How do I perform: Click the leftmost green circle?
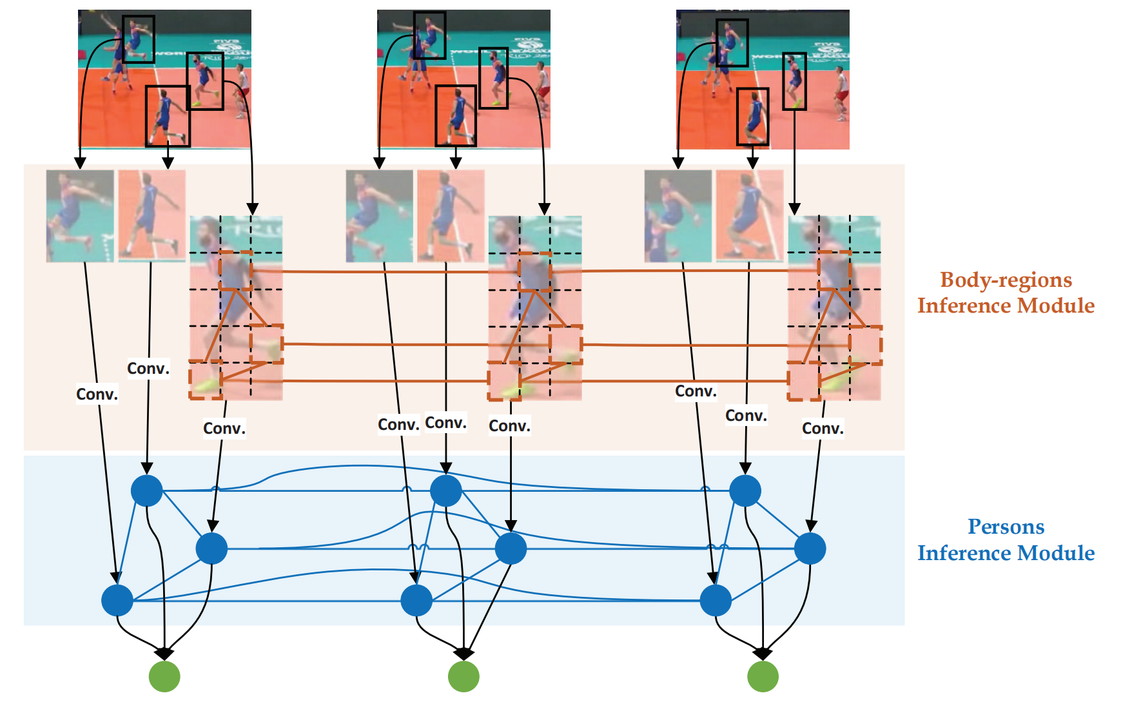coord(164,677)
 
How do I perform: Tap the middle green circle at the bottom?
coord(464,677)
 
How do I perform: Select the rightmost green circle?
coord(763,677)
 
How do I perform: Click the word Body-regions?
coord(1006,280)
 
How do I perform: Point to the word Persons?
coord(1006,527)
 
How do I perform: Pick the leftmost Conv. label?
coord(97,394)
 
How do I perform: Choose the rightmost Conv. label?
coord(823,429)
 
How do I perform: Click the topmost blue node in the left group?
coord(147,491)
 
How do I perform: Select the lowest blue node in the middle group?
coord(416,601)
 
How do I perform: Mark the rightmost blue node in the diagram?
coord(810,549)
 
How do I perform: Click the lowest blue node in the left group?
coord(117,601)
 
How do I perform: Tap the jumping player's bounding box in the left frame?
coord(139,39)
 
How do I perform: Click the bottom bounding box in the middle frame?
coord(456,116)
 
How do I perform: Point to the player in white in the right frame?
coord(841,93)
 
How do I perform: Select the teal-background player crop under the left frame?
coord(80,216)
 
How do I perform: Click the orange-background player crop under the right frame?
coord(750,216)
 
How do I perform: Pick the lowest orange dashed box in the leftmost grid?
coord(206,380)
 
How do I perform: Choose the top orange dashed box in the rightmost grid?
coord(835,271)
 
